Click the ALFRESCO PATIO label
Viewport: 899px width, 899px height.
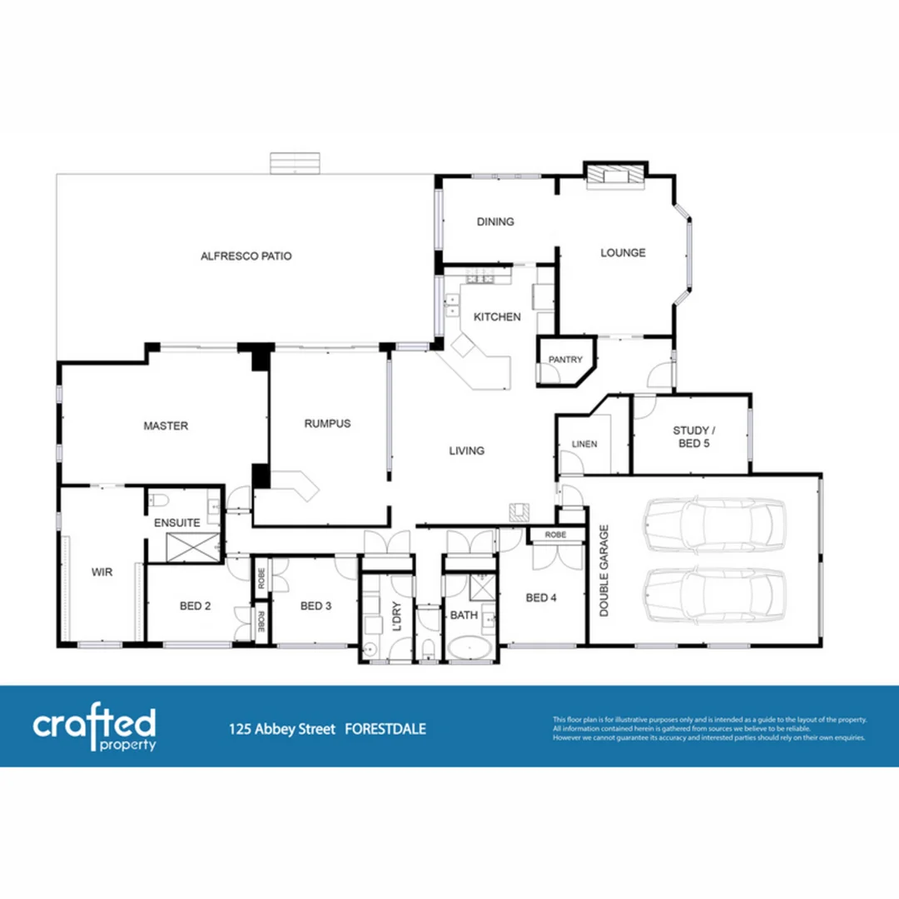pyautogui.click(x=246, y=256)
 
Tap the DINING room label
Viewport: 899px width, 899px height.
pyautogui.click(x=495, y=221)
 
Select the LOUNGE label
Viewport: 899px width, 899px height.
pyautogui.click(x=623, y=252)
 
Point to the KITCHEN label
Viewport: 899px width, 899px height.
pyautogui.click(x=497, y=316)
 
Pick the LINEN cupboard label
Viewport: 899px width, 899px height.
pyautogui.click(x=584, y=445)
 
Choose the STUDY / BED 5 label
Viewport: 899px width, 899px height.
pyautogui.click(x=691, y=437)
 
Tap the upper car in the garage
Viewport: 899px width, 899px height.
pyautogui.click(x=714, y=524)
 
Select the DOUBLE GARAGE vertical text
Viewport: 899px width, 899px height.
pyautogui.click(x=604, y=570)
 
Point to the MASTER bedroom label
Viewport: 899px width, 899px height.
pyautogui.click(x=166, y=425)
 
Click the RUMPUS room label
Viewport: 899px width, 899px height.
pyautogui.click(x=327, y=423)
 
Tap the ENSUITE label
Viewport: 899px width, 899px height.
pyautogui.click(x=176, y=523)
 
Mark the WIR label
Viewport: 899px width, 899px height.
pyautogui.click(x=102, y=572)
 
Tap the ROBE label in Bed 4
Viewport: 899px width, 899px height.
pyautogui.click(x=556, y=534)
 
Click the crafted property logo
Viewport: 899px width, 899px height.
pyautogui.click(x=94, y=728)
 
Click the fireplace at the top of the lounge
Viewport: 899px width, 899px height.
pyautogui.click(x=614, y=175)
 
